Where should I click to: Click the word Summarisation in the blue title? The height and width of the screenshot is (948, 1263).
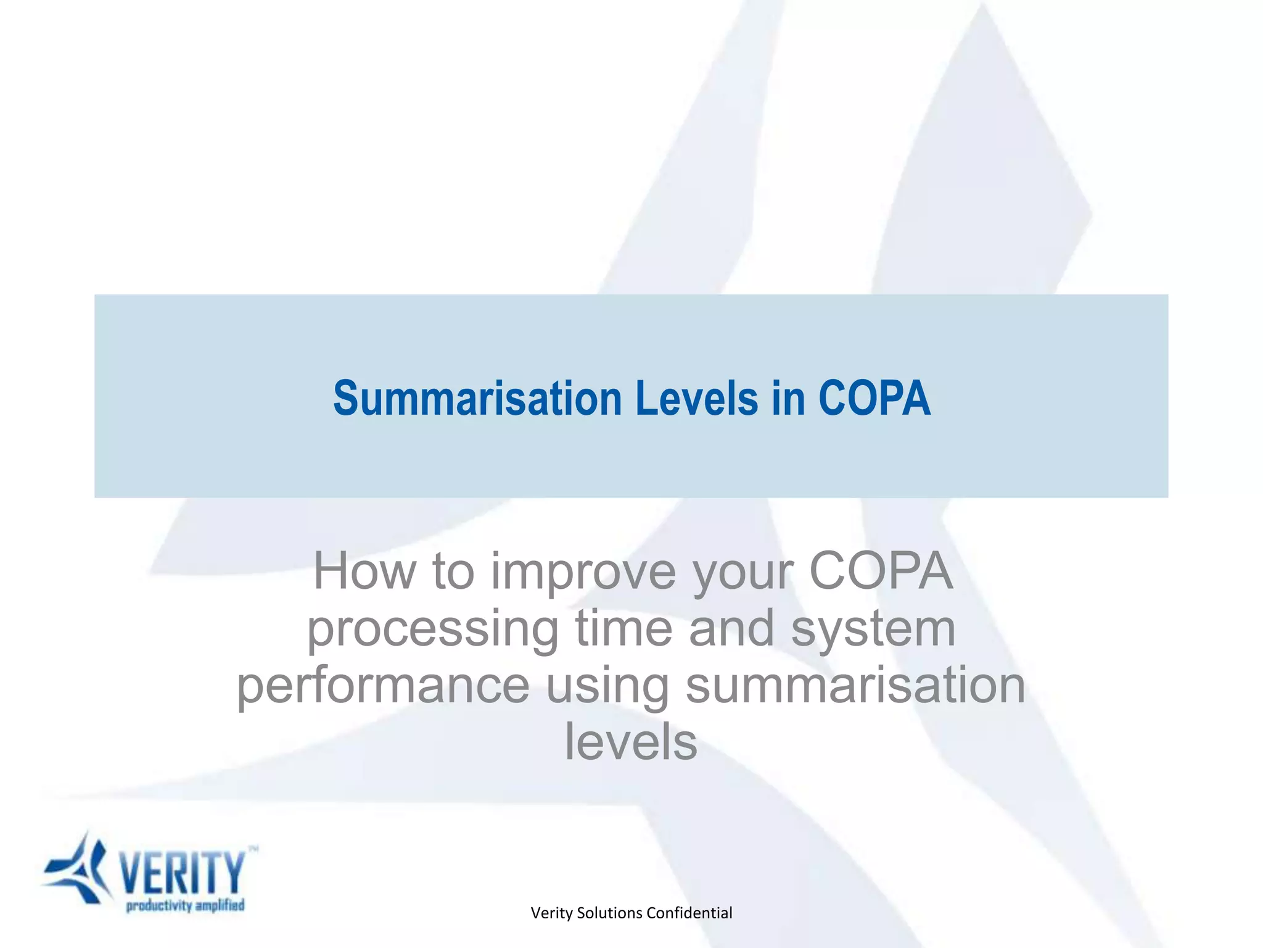coord(477,399)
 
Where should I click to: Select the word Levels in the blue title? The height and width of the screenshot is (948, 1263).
coord(696,399)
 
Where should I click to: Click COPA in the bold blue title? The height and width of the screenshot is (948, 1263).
coord(874,399)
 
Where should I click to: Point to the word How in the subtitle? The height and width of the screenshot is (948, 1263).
coord(364,572)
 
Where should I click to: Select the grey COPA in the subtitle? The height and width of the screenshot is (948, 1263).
coord(880,572)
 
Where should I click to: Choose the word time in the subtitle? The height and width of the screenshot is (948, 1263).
coord(623,628)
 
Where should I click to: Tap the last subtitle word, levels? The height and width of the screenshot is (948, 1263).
coord(631,742)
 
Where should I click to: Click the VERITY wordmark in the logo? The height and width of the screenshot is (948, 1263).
coord(183,872)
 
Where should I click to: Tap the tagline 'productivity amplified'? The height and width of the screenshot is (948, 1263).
coord(185,905)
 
